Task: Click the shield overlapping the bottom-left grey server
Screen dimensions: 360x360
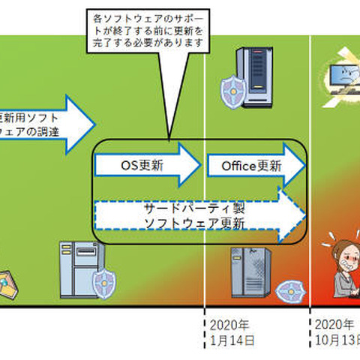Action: coord(104,283)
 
